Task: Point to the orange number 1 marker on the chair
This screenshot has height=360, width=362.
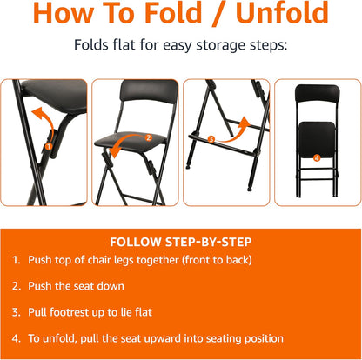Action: (50, 146)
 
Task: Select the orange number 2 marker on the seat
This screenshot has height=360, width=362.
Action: (149, 137)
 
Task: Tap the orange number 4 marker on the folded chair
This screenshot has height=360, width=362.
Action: (316, 157)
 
